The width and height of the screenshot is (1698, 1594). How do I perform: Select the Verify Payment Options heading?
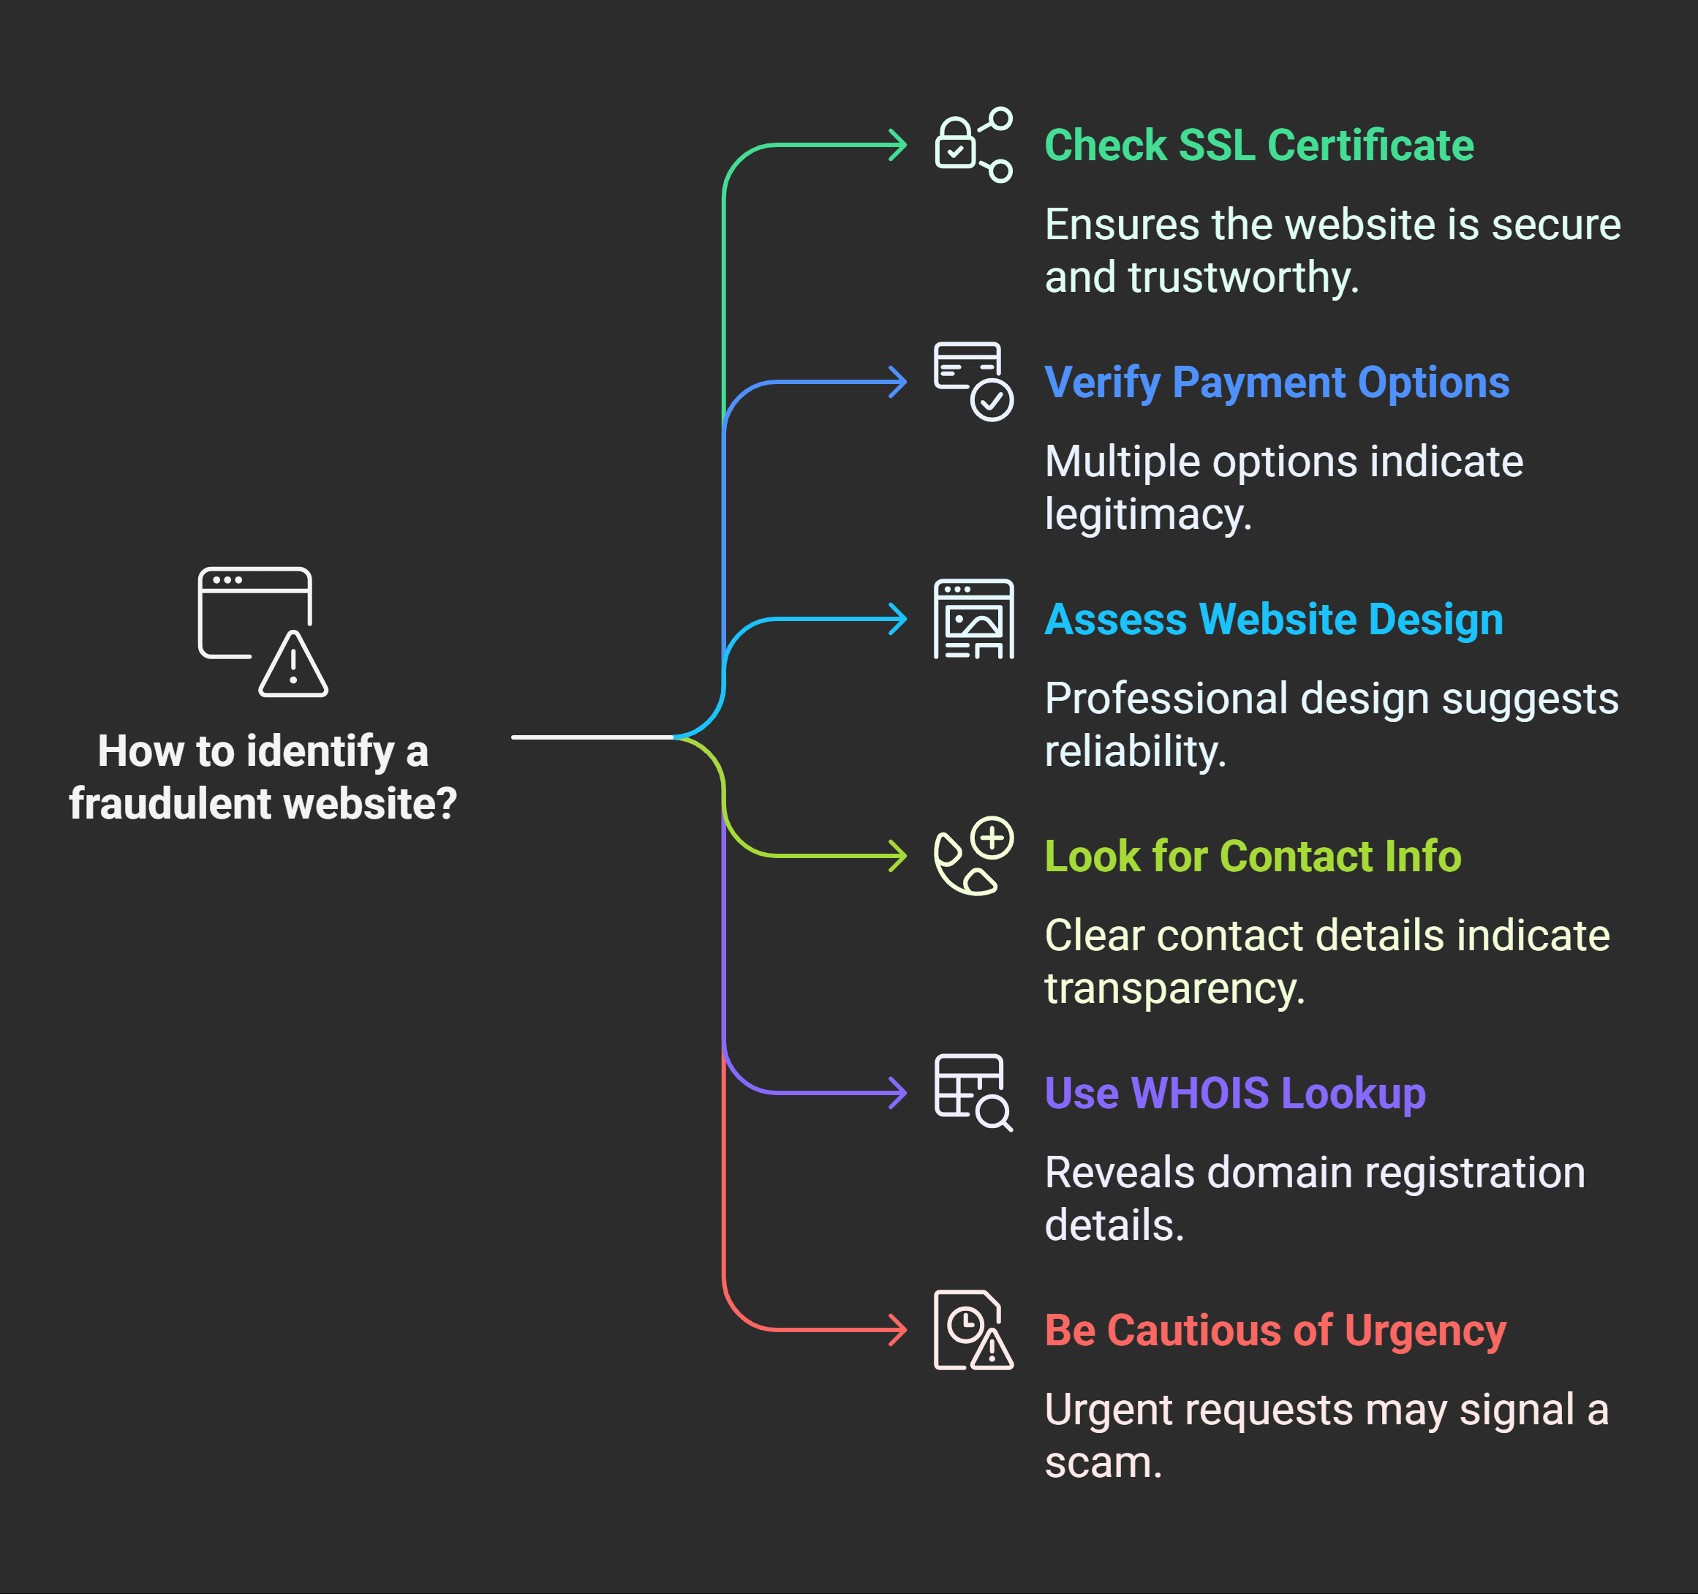pos(1276,382)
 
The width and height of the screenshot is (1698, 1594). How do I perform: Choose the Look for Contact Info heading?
pos(1252,856)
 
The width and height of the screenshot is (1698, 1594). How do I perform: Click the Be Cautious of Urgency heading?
pos(1275,1330)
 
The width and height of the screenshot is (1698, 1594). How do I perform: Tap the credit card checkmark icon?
pos(973,381)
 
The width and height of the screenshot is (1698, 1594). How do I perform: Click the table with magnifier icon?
pos(973,1093)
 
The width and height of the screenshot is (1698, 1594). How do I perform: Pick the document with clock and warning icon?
pos(973,1330)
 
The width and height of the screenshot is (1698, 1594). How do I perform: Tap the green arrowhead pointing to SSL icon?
pos(899,146)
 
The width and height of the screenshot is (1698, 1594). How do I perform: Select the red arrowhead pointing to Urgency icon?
pos(899,1330)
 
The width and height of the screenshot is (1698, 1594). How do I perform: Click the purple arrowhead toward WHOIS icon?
pos(899,1093)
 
